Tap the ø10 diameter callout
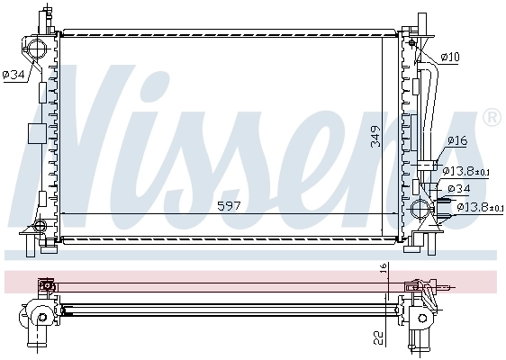[450, 58]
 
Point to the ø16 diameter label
[456, 141]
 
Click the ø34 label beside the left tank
[14, 75]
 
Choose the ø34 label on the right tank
[458, 188]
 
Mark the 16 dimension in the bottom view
[382, 269]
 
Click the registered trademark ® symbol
[492, 117]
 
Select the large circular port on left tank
[36, 49]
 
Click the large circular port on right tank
[420, 211]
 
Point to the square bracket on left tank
[36, 133]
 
